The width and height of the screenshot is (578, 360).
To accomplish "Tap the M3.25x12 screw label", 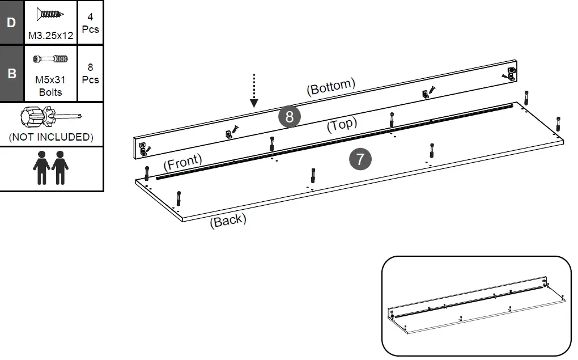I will point(51,36).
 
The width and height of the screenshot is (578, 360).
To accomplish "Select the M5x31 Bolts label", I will point(51,86).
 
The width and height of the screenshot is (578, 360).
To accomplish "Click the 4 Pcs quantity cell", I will point(90,23).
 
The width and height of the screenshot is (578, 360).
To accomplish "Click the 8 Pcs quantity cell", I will point(90,74).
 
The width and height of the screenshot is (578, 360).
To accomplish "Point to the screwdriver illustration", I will point(50,117).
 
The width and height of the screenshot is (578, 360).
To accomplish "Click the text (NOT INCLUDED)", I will point(51,137).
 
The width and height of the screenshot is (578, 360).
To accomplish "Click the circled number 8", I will point(290,117).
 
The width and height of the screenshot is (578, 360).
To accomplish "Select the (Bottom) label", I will point(331,87).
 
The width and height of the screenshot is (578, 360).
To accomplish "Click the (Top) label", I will point(342,125).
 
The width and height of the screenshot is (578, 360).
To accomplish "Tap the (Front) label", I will point(182,163).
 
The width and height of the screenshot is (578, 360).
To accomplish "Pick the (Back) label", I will point(228,220).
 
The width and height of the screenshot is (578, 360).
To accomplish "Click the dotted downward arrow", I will point(254,90).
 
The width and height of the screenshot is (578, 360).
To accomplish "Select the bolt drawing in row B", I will point(51,58).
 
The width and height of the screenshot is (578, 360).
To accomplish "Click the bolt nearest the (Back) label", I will point(178,198).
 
